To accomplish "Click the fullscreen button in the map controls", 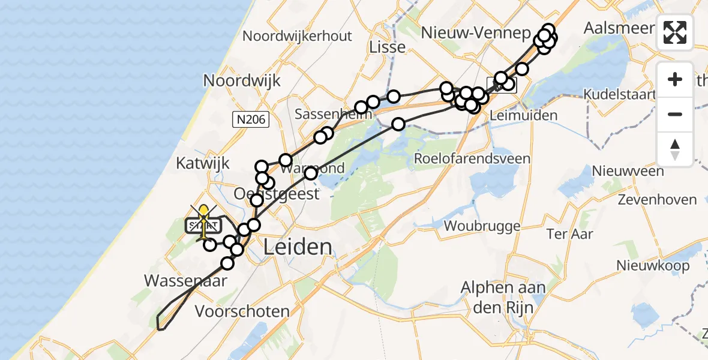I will [675, 32].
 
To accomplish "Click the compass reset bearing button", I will [675, 149].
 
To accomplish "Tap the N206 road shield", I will [251, 120].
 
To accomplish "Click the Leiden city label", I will [297, 247].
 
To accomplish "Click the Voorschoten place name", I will [242, 311].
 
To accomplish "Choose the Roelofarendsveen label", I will [472, 158].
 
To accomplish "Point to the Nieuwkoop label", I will [653, 265].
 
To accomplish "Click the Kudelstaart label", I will [624, 95].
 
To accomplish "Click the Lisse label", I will [388, 47].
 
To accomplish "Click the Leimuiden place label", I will [515, 115].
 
